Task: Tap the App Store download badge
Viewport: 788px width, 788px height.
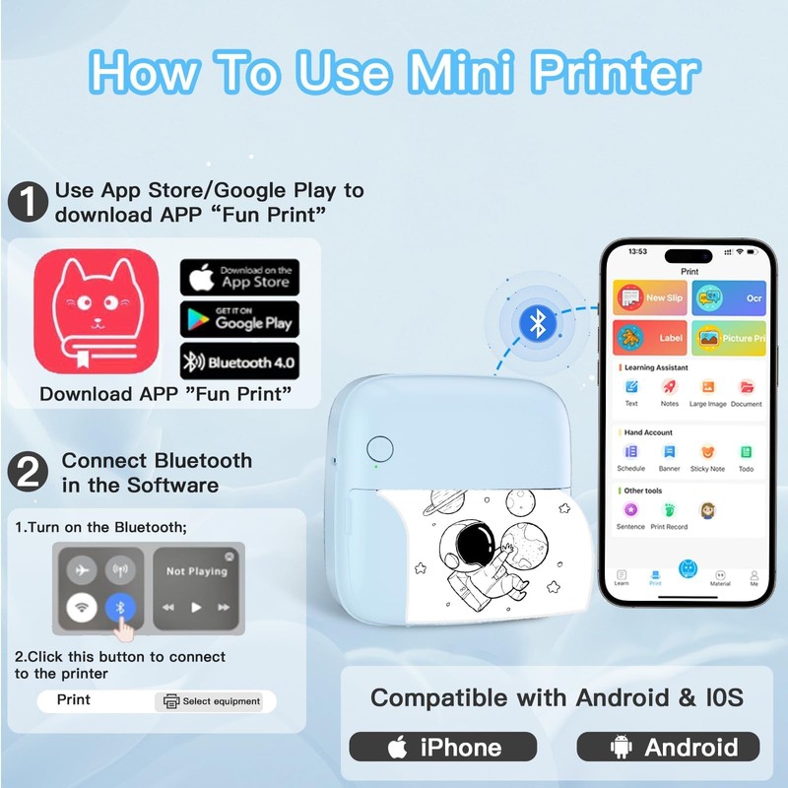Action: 238,277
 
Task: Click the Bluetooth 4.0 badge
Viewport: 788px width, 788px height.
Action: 238,362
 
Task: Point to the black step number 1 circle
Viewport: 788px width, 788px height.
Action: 28,201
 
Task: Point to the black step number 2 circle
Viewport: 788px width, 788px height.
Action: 28,472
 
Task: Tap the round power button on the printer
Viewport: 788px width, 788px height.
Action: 379,448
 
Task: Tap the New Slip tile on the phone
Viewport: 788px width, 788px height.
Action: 649,297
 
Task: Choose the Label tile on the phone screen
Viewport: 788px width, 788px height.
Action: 649,338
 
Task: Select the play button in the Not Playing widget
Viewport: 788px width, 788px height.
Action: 196,607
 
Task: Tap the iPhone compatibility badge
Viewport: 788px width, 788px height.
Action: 443,747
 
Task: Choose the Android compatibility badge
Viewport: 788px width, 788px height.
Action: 668,747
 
